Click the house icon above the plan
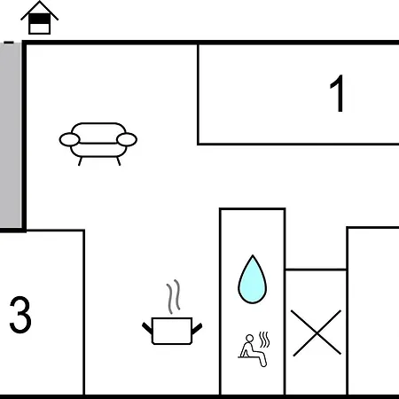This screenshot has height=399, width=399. coord(39,18)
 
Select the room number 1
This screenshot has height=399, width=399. coord(337,93)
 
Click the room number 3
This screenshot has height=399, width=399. coord(20,314)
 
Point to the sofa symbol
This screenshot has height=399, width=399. coord(98,144)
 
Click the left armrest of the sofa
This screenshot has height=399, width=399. coord(70,140)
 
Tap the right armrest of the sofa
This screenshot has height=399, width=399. coord(127,140)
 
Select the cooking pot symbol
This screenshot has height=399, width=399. coord(172,331)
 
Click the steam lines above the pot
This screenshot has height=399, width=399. coord(174,296)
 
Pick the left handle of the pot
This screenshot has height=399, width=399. coord(147,329)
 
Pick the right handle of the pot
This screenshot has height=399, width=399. coord(197,329)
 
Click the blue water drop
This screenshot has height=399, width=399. coord(253,279)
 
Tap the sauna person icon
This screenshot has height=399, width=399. coord(254,349)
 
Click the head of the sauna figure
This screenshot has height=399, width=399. coord(250,338)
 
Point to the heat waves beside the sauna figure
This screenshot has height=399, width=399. coord(264,340)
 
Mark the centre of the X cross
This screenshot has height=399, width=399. coord(317,333)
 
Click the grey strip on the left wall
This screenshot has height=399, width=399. coord(11,135)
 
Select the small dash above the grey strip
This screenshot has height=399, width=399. coord(9,43)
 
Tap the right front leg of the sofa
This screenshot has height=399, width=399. coord(119,161)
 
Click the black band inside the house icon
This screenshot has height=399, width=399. coord(39,19)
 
